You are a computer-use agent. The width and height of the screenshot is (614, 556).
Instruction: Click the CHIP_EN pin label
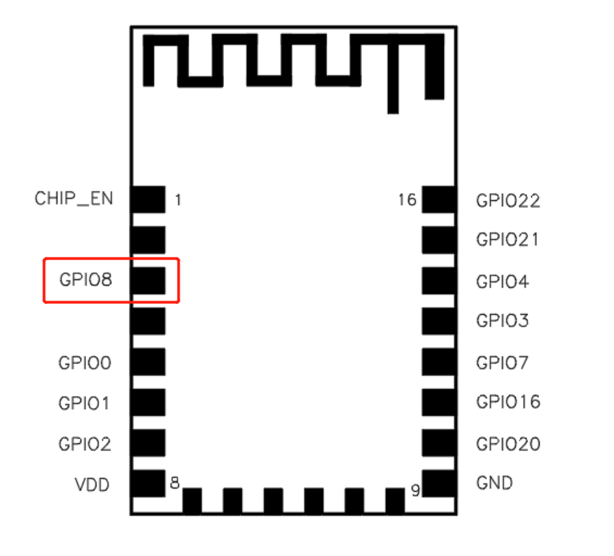coord(74,199)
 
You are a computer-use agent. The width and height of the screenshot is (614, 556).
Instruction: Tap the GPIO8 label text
coord(86,279)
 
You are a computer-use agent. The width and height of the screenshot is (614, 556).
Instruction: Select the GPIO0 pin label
coord(85,363)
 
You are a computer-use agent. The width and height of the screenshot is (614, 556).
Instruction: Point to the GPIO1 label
coord(83,403)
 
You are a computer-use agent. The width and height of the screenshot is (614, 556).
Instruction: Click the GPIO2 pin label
coord(85,444)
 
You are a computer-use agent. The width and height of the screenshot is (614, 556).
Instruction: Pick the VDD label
coord(92,485)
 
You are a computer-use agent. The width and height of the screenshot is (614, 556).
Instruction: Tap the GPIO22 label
coord(508,200)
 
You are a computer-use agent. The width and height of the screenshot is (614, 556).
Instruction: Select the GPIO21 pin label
coord(507,239)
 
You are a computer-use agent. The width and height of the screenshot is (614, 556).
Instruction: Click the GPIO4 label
coord(503,281)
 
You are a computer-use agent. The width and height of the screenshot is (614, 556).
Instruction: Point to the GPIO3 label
coord(503,320)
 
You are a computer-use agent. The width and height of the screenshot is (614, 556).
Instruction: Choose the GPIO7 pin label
coord(503,363)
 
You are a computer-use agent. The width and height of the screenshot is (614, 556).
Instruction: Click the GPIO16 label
coord(508,402)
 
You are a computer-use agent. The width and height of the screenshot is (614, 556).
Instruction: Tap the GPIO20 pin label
coord(508,444)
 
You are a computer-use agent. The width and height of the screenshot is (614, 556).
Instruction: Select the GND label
coord(494,483)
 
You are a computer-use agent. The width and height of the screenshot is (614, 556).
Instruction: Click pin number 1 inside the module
coord(178,199)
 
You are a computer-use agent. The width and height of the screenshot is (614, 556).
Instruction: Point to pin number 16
coord(407,199)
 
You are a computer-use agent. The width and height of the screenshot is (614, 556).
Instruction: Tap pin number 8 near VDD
coord(175,483)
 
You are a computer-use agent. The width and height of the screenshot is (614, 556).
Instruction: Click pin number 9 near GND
coord(415,490)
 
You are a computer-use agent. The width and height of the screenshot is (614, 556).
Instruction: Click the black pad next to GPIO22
coord(438,199)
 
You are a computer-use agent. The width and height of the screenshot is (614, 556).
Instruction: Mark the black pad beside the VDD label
coord(148,484)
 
